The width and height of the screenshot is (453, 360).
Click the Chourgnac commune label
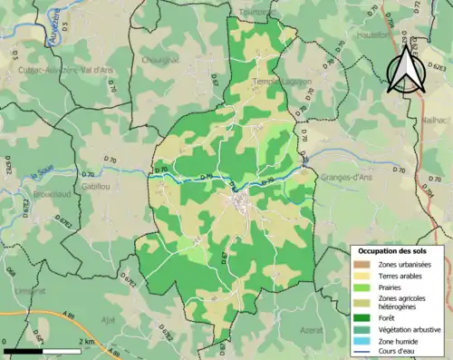[x=159, y=64]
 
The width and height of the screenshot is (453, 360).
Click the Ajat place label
[x=108, y=319]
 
